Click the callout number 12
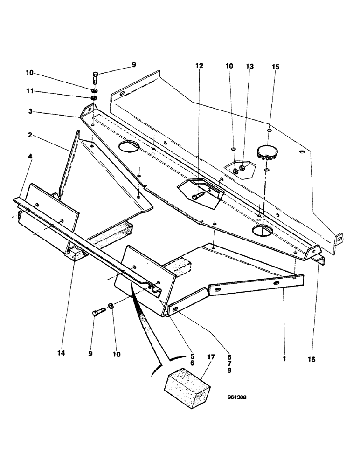pyautogui.click(x=199, y=66)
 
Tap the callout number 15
pyautogui.click(x=276, y=67)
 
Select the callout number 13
pyautogui.click(x=250, y=67)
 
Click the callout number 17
pyautogui.click(x=211, y=357)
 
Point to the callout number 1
pyautogui.click(x=284, y=359)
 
